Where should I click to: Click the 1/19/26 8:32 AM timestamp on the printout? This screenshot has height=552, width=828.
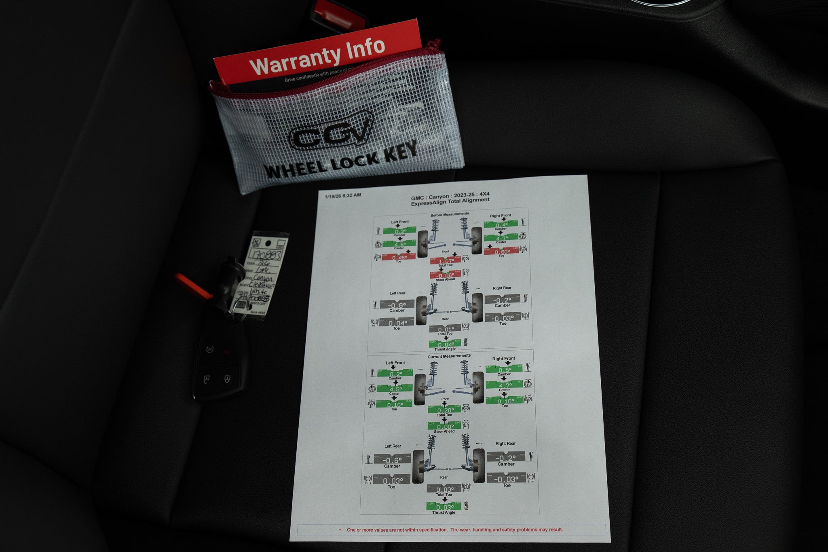[343, 195]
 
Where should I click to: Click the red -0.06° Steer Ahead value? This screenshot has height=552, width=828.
[446, 275]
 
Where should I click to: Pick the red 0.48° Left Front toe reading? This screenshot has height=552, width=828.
[399, 258]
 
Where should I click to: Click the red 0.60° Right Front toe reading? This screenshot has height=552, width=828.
[501, 252]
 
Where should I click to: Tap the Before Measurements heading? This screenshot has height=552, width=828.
[450, 214]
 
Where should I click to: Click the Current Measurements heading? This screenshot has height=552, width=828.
[449, 356]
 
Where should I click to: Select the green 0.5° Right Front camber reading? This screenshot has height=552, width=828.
[505, 370]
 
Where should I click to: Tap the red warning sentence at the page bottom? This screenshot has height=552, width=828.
[454, 530]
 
